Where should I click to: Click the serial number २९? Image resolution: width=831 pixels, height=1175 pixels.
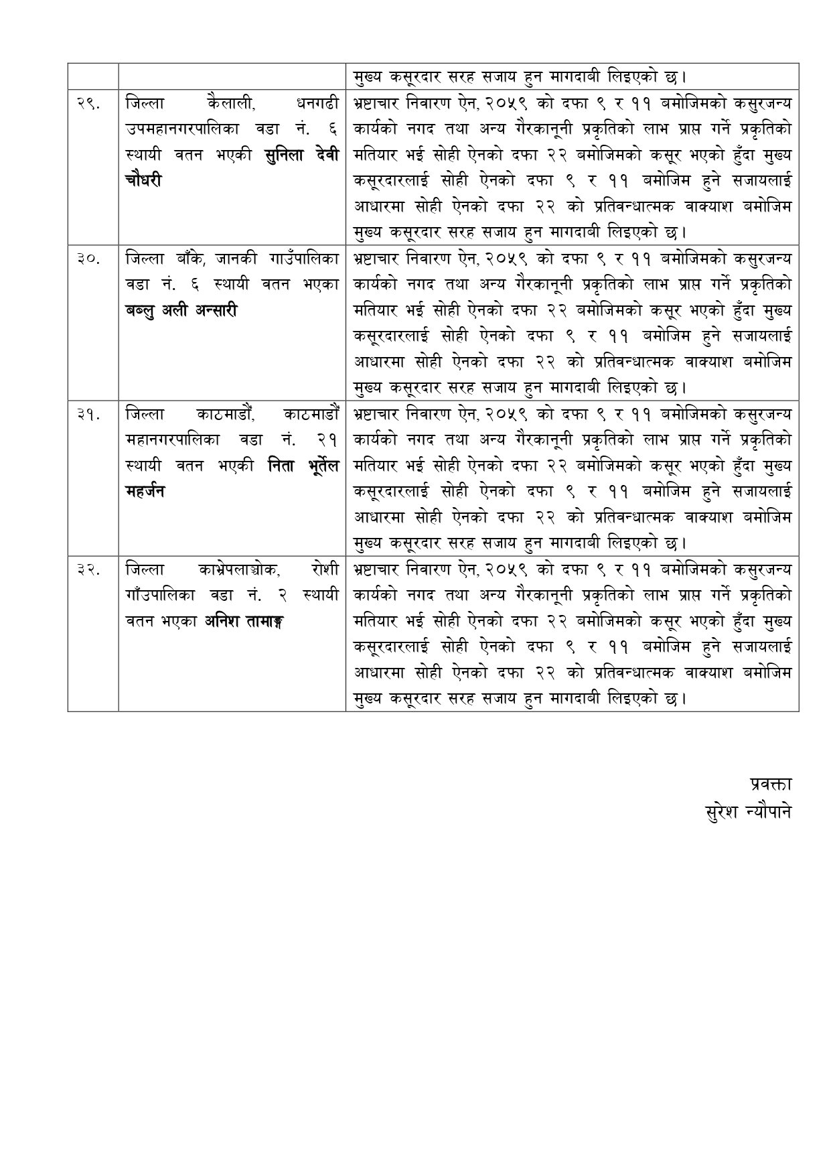[88, 104]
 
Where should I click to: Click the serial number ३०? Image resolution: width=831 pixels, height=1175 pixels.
[88, 259]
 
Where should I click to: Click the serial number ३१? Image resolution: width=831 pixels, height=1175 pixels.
[88, 414]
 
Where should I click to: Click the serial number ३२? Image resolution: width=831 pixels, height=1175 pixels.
[88, 569]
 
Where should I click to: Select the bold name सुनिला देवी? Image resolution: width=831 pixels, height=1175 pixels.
[302, 155]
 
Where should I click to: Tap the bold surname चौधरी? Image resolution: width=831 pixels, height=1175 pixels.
[143, 181]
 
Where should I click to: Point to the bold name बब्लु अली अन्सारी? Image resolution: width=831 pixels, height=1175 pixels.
[181, 311]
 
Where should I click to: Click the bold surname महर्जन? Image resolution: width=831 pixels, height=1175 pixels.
[145, 491]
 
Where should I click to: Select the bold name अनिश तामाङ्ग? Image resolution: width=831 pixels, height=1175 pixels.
[244, 621]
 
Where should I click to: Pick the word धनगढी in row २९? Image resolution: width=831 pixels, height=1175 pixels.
[317, 104]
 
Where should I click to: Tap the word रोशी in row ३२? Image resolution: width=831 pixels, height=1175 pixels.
[325, 569]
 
